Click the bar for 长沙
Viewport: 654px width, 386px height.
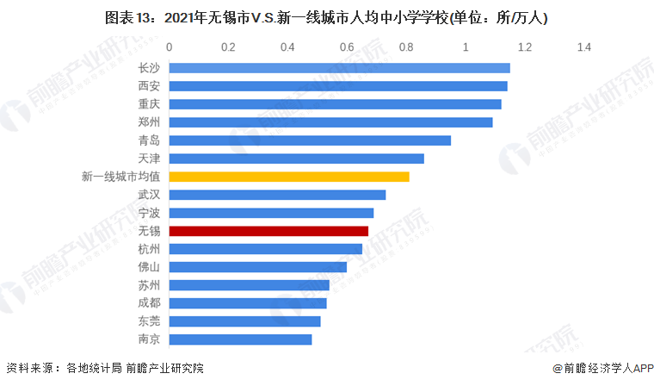click(x=339, y=68)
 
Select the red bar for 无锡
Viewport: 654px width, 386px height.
click(x=268, y=231)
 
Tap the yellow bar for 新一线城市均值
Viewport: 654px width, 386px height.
click(x=289, y=177)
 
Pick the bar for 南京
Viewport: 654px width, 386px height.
click(x=240, y=339)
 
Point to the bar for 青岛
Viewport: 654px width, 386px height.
click(x=310, y=140)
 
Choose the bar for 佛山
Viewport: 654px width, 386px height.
click(x=258, y=267)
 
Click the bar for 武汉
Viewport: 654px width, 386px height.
click(x=277, y=195)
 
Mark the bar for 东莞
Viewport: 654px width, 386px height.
click(x=244, y=321)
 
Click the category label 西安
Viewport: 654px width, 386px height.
click(x=149, y=86)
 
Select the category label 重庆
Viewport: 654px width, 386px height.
click(x=149, y=104)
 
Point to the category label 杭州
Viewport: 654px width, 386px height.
click(x=149, y=249)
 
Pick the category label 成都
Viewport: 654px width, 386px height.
click(x=149, y=303)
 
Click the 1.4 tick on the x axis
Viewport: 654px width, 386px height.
click(x=584, y=47)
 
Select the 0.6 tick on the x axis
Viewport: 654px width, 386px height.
click(x=348, y=47)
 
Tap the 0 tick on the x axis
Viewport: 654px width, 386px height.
click(x=170, y=47)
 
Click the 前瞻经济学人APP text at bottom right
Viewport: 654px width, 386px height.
click(x=602, y=369)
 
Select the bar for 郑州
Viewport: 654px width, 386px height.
click(x=330, y=122)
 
